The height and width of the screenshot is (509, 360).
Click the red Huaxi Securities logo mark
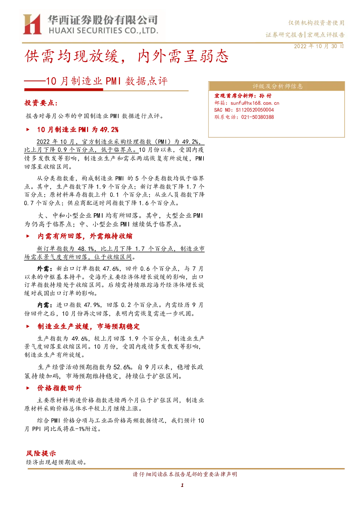pos(32,24)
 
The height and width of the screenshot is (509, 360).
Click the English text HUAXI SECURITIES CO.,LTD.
pos(103,31)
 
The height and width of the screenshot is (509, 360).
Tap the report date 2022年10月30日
pos(319,46)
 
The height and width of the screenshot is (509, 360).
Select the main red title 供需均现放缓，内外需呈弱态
pos(127,56)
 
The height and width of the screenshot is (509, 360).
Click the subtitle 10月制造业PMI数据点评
pos(107,81)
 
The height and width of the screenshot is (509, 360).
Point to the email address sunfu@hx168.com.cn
pos(255,103)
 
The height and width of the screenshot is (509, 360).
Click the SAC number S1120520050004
pos(255,110)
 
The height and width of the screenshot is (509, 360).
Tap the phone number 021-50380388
pos(257,117)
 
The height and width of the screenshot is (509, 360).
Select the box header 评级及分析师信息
pos(277,86)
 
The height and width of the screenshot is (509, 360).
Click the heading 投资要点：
pos(41,103)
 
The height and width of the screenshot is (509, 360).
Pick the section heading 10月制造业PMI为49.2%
pos(78,130)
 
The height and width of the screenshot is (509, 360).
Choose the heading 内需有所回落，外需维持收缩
pos(85,236)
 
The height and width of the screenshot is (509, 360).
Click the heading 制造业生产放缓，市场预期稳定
pos(88,327)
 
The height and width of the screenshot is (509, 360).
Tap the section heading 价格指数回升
pos(59,388)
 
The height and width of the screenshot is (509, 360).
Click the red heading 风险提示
pos(41,453)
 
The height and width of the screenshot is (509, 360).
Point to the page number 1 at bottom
pos(182,485)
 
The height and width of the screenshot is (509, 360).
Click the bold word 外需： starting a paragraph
pos(45,269)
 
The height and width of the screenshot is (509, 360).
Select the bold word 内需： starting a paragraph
pos(45,305)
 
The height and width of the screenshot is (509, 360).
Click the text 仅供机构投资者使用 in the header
pos(316,23)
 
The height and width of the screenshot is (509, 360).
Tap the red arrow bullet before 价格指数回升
pos(28,388)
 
